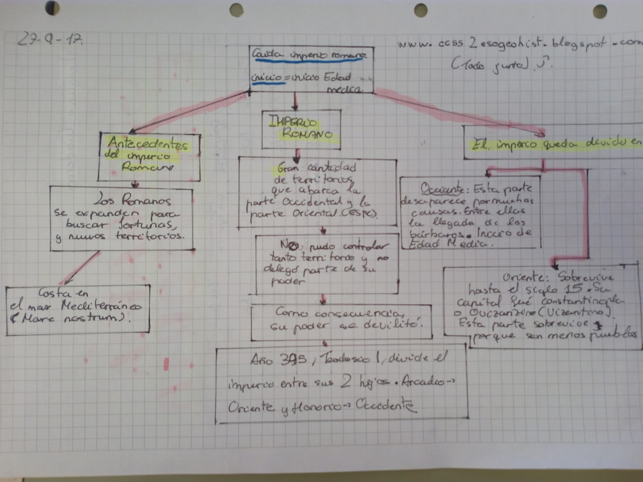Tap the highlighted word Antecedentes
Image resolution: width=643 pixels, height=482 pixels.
147,143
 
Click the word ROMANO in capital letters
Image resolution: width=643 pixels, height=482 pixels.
307,134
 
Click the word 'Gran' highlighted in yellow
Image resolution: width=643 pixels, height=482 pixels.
288,168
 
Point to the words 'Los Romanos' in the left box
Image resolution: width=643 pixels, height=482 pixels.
134,200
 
